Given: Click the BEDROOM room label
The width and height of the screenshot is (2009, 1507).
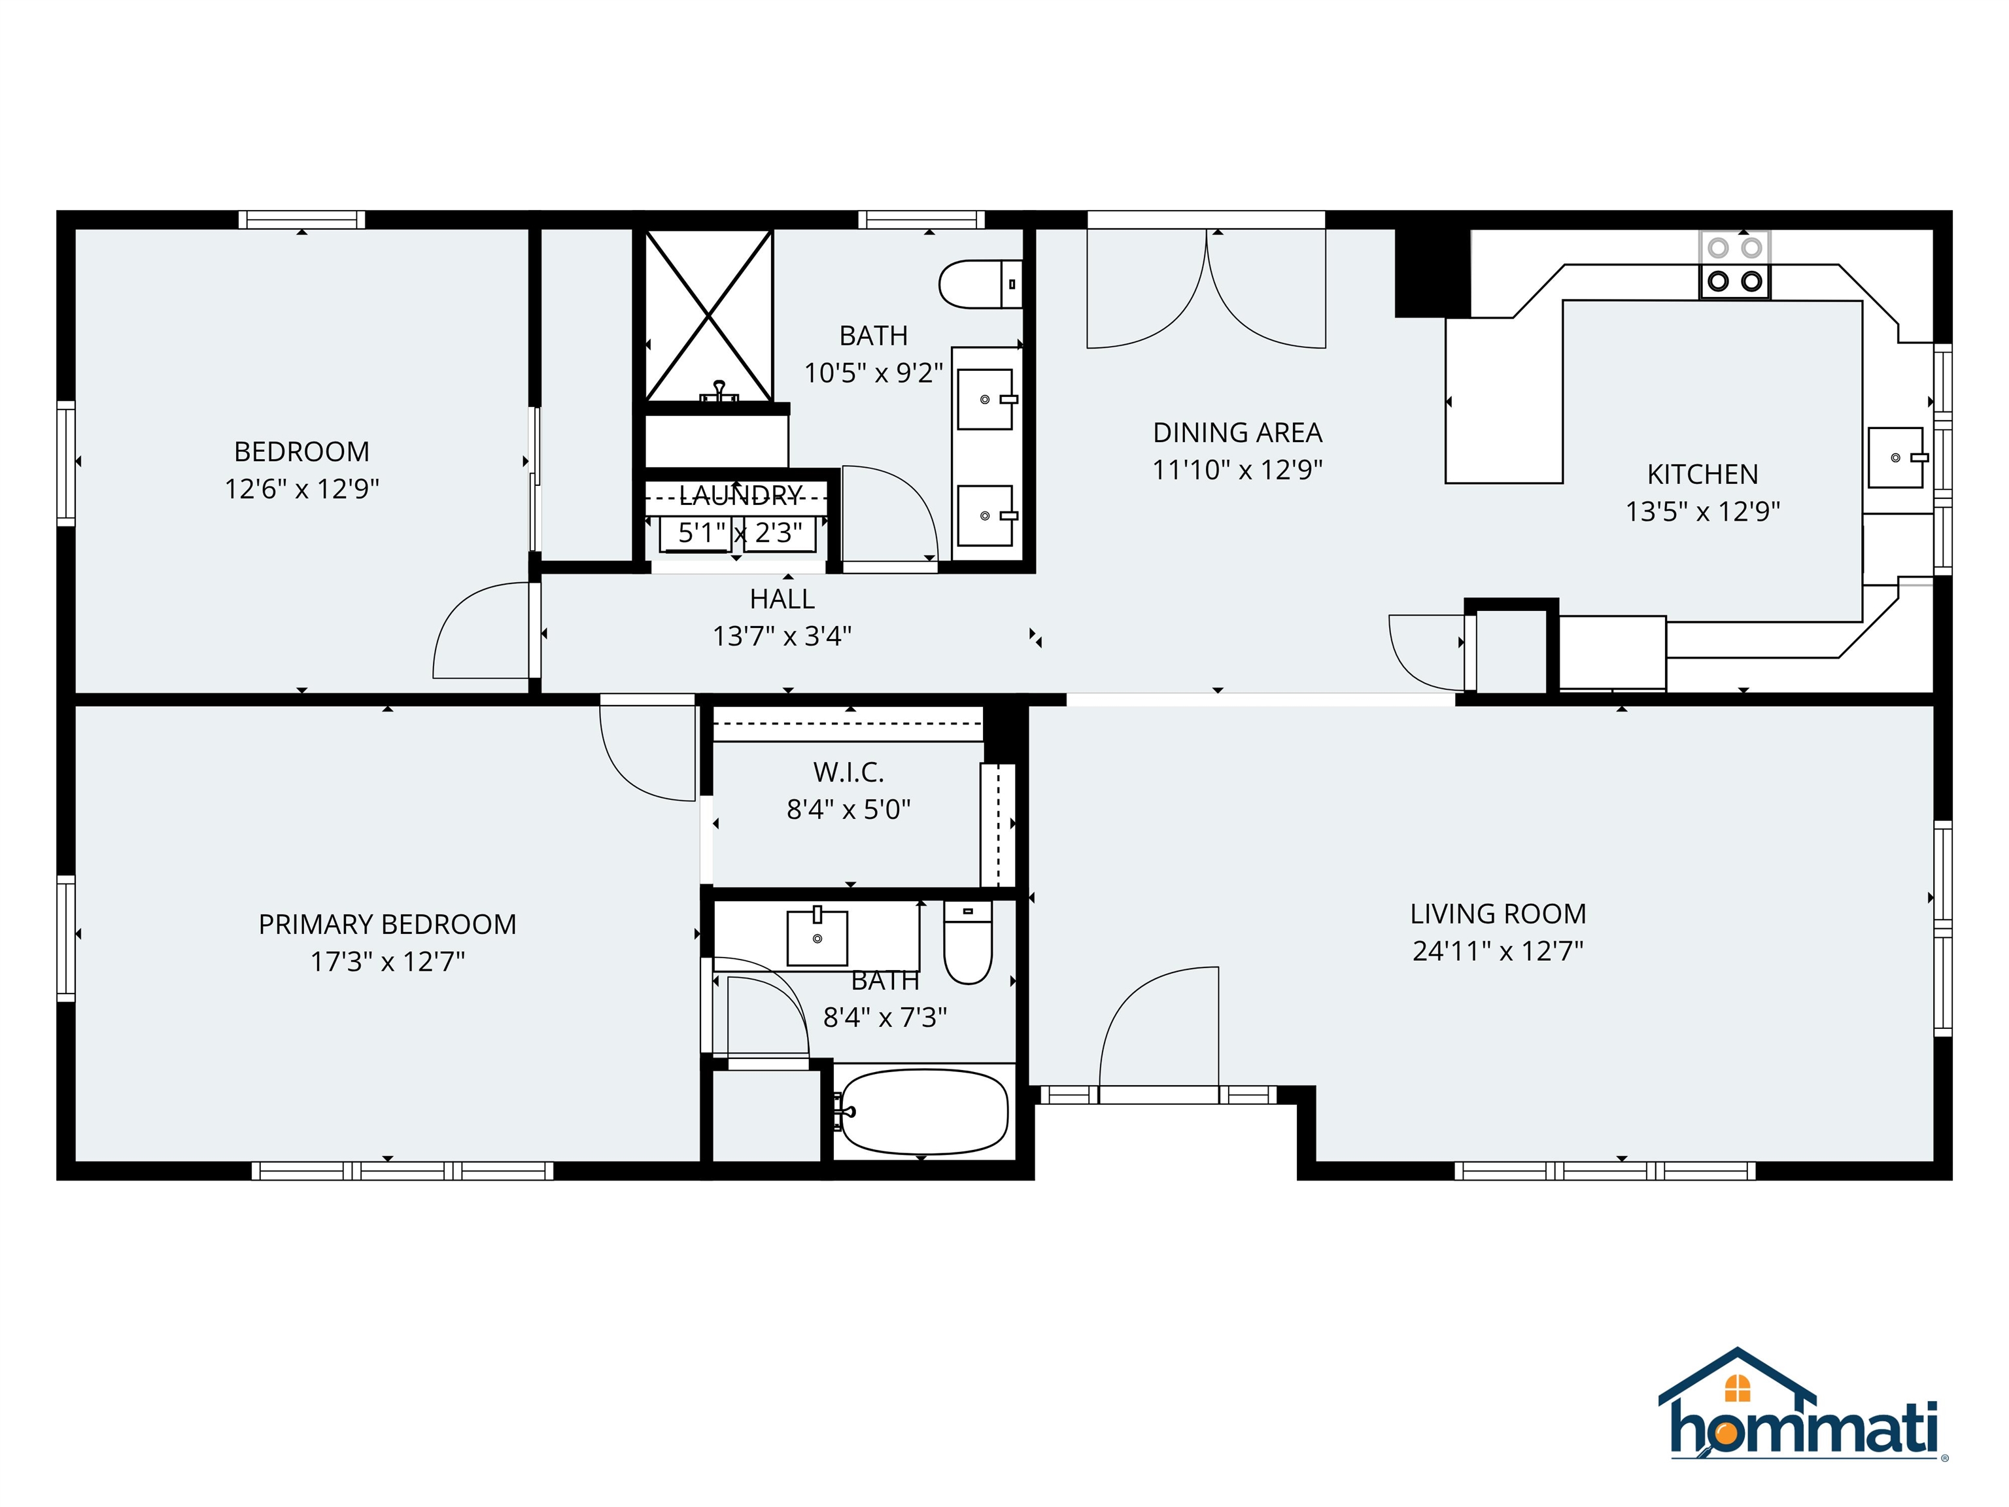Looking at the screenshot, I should tap(301, 451).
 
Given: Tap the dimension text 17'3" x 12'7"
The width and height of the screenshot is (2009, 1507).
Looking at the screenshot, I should tap(388, 961).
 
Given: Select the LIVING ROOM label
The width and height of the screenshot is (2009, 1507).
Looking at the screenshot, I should tap(1498, 913).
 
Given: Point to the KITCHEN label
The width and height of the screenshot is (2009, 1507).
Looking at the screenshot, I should tap(1702, 474).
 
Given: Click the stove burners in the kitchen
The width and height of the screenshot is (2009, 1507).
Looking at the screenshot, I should tap(1735, 264).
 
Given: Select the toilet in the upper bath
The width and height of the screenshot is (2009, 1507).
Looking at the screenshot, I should tap(979, 285).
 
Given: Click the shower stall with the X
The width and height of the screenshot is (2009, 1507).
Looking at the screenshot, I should tap(708, 315).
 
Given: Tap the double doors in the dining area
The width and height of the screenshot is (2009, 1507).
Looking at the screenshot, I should tap(1206, 290).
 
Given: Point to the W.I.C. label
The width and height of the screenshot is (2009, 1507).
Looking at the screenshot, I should tap(848, 772).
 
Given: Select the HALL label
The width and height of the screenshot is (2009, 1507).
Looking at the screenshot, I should tap(782, 598).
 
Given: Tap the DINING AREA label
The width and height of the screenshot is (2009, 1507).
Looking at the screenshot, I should tap(1237, 432).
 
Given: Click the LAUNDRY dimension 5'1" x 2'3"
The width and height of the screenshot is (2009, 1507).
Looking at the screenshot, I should tap(740, 532).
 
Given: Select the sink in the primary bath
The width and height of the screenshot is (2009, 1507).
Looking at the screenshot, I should tap(817, 937).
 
